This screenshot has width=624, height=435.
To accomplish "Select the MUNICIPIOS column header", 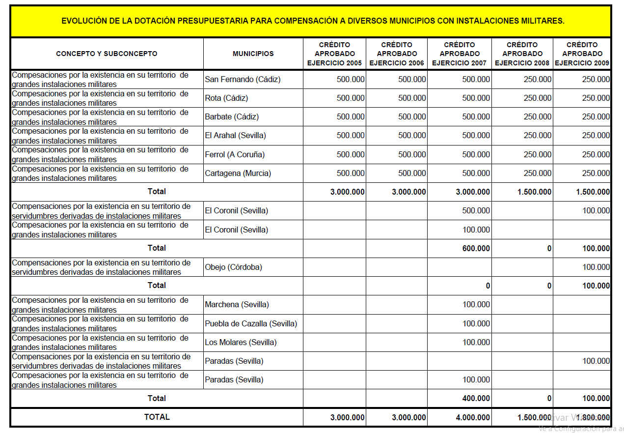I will (x=253, y=54).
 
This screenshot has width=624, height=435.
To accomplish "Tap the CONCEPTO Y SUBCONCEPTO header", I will (x=107, y=54).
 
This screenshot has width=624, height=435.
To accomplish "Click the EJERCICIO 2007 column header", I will (x=460, y=54).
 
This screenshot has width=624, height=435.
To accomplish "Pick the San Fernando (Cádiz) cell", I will (x=243, y=79).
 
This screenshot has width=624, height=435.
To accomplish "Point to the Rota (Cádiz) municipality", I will (x=226, y=98).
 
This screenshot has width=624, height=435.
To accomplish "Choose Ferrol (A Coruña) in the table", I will (x=235, y=154).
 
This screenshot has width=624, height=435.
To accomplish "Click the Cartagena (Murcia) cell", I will (x=238, y=173).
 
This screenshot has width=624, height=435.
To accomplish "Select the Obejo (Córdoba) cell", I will (x=233, y=267).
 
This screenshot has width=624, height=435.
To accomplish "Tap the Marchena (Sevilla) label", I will (x=237, y=304).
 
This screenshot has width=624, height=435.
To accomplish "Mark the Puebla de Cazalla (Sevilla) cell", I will (x=251, y=323).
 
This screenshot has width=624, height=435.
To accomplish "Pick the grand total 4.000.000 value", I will (x=473, y=417).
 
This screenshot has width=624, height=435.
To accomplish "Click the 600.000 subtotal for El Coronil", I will (x=476, y=248).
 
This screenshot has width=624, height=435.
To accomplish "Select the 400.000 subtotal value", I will (x=476, y=398).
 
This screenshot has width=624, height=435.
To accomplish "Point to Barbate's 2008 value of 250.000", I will (x=538, y=116).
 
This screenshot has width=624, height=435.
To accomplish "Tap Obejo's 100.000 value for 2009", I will (x=596, y=267).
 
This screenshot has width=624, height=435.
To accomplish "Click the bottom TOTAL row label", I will (x=157, y=417).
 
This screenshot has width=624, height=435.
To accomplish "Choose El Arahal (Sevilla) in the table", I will (x=235, y=135).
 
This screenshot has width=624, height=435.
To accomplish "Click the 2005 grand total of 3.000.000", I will (x=348, y=417).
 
